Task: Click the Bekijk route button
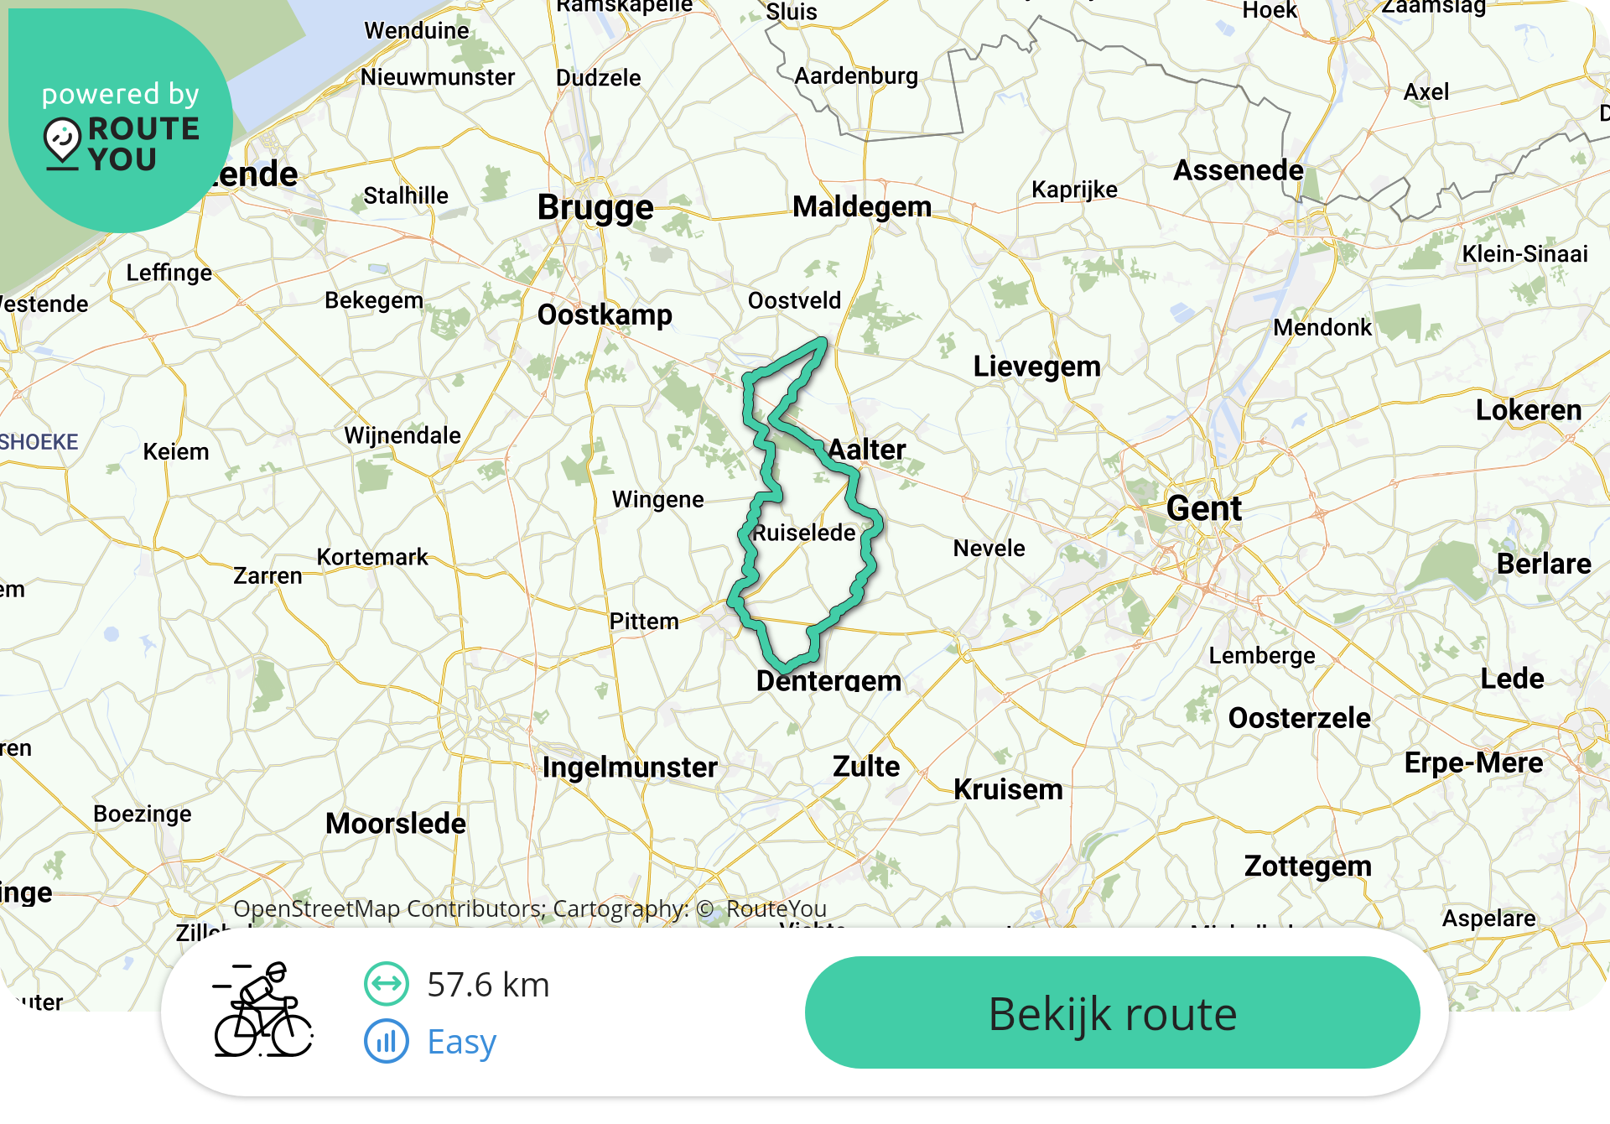coord(1112,1012)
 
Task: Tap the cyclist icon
coord(262,1010)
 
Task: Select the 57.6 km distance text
coord(488,985)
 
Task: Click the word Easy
coord(461,1042)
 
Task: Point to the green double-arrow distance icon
coord(387,984)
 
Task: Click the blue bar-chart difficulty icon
coord(387,1042)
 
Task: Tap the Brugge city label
coord(595,207)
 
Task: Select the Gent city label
coord(1204,508)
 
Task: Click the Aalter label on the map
coord(867,450)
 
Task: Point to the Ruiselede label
coord(804,533)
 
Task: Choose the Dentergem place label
coord(828,680)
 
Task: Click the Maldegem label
coord(862,206)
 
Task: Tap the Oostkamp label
coord(605,315)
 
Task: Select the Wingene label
coord(658,499)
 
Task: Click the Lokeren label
coord(1529,410)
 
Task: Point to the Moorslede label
coord(396,823)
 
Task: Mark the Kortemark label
coord(372,557)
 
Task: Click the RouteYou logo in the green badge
coord(122,143)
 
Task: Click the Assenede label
coord(1239,170)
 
